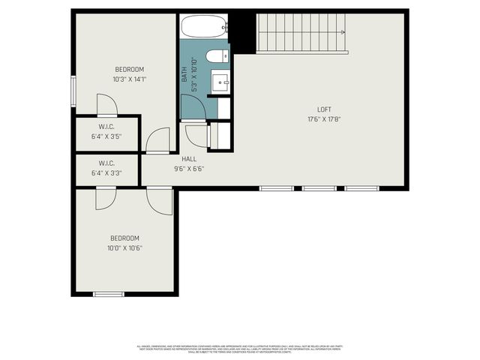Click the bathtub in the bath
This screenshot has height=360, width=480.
tap(204, 27)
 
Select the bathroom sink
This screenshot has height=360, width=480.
tap(220, 80)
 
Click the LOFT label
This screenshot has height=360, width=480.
tap(323, 109)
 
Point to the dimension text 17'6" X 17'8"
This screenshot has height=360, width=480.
tap(323, 119)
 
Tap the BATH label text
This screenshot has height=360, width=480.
tap(184, 74)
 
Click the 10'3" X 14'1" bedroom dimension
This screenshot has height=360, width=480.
tap(130, 79)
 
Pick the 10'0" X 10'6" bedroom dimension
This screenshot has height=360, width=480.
tap(126, 247)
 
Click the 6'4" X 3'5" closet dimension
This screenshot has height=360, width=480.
tap(106, 136)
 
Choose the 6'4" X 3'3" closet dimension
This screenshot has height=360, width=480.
tap(106, 172)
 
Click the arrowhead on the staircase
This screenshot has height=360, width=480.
tap(343, 32)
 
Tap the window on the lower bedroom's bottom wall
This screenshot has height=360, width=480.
tap(108, 294)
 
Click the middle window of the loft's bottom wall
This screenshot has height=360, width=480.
tap(319, 188)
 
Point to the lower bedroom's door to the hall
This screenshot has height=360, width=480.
tap(160, 200)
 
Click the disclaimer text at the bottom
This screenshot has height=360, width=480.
tap(240, 348)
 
